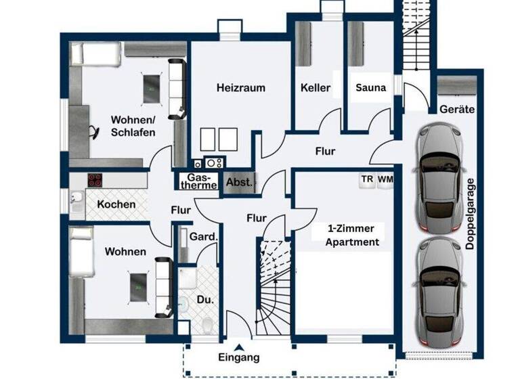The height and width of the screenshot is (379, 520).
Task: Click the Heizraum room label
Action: (240, 88)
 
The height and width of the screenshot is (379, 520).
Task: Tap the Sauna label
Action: (371, 88)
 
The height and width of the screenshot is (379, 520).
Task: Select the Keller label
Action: (316, 88)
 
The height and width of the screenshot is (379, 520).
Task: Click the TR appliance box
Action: (367, 179)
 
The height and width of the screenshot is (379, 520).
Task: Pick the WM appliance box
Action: (385, 179)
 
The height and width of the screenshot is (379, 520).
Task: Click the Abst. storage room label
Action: (239, 182)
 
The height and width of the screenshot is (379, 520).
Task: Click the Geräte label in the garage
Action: (456, 109)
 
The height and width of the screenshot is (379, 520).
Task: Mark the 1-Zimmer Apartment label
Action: (349, 235)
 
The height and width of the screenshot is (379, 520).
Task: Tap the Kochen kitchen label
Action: (116, 204)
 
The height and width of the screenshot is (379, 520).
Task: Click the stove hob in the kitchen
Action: (95, 181)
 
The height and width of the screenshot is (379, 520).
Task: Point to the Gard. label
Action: (203, 237)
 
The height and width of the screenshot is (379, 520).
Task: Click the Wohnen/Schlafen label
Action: (133, 127)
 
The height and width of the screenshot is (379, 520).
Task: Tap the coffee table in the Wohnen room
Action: (138, 286)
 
